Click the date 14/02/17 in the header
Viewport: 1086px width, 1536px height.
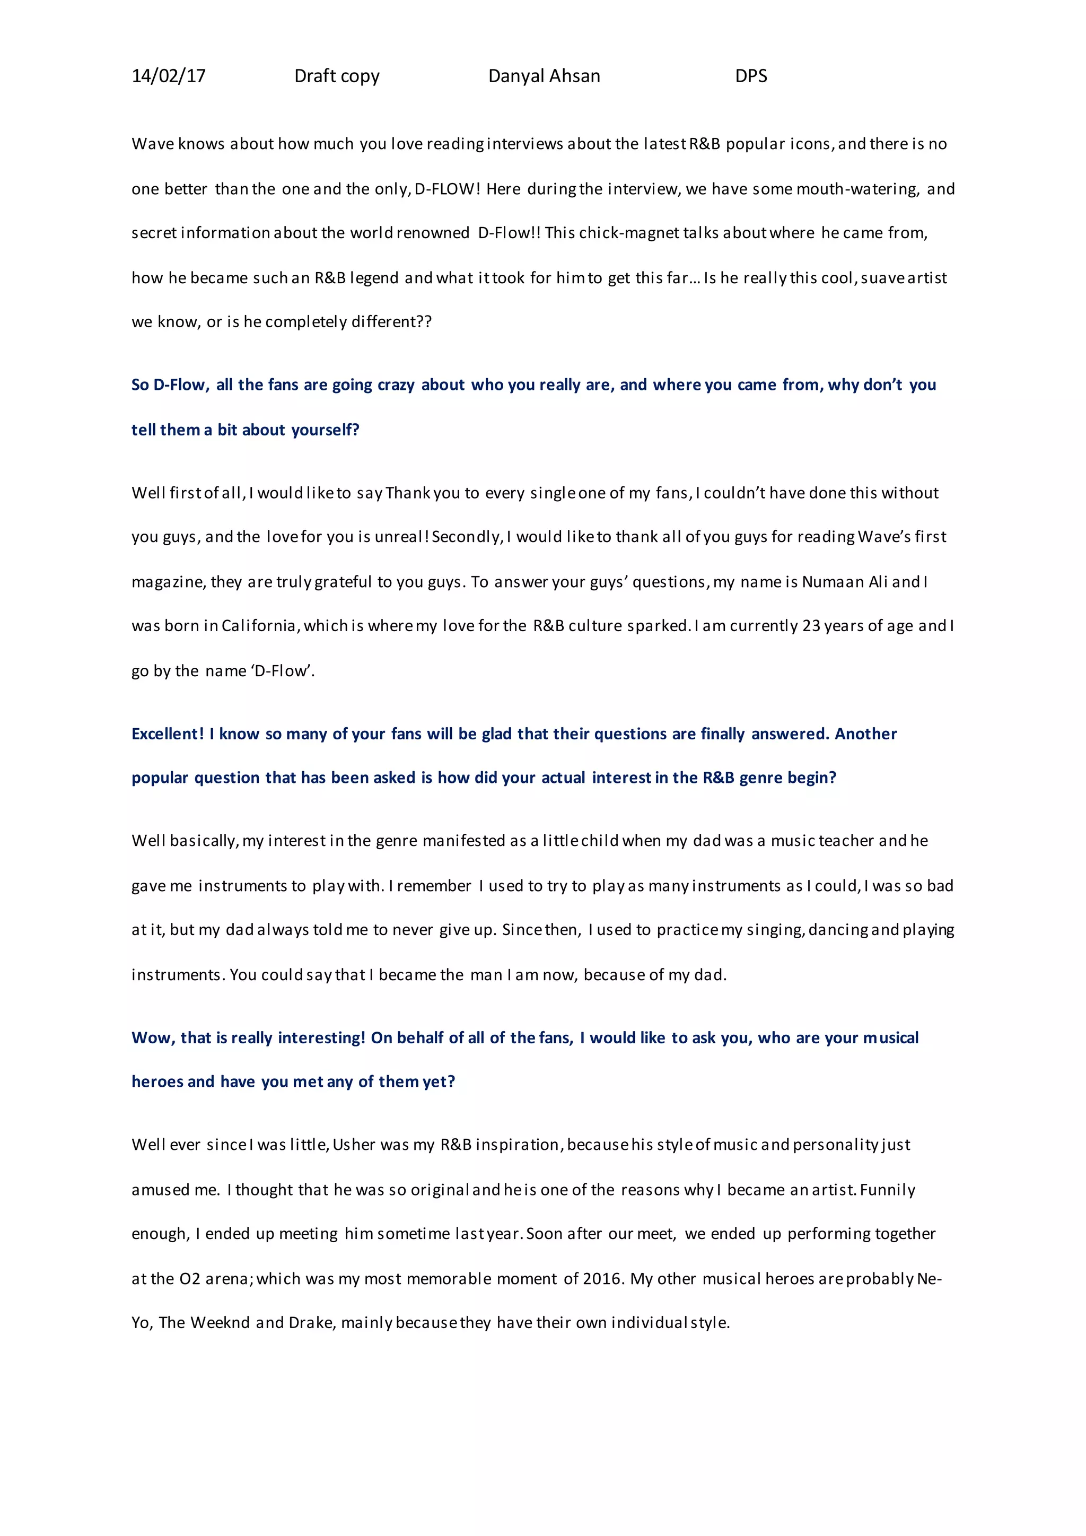pos(169,76)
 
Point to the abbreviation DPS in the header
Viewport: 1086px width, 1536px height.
pos(750,76)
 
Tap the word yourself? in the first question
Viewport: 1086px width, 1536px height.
pos(325,430)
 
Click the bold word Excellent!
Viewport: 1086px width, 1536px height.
pos(167,734)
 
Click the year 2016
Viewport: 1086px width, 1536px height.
pos(602,1278)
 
